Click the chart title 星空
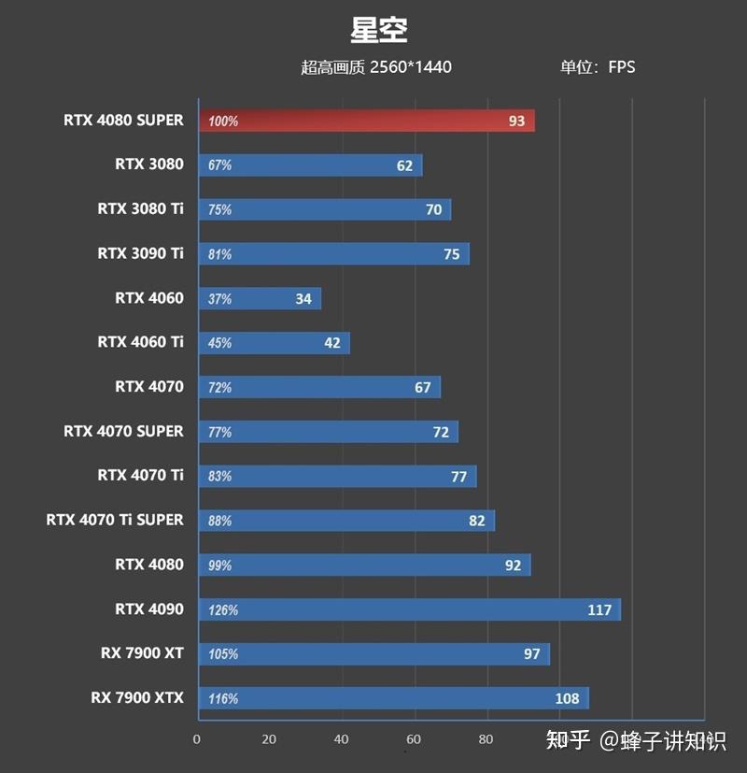(379, 29)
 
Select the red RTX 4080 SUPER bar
(366, 121)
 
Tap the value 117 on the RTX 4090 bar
(599, 610)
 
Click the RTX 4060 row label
(149, 298)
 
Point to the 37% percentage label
(220, 299)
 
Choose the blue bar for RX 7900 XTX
(392, 698)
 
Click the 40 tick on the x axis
(342, 739)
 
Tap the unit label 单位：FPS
(598, 66)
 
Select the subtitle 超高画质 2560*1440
(376, 66)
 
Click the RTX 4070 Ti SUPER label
(115, 520)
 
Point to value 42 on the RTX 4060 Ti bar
(332, 343)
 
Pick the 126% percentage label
(223, 610)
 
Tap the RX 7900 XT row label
(142, 653)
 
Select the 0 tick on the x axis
(197, 739)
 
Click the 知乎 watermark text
(569, 741)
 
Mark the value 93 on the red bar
(516, 122)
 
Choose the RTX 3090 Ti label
(140, 253)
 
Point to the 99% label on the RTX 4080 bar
(220, 565)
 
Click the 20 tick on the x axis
(269, 739)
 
